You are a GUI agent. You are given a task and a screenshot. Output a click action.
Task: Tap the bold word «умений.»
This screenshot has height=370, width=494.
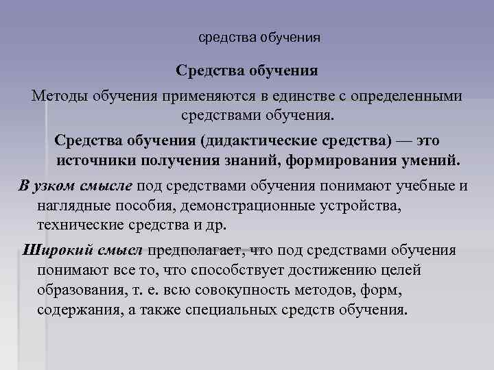coord(425,160)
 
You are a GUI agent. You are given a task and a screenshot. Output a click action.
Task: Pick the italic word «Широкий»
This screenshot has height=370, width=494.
coord(52,250)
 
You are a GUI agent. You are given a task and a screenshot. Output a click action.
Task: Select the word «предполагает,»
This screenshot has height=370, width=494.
coord(195,250)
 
